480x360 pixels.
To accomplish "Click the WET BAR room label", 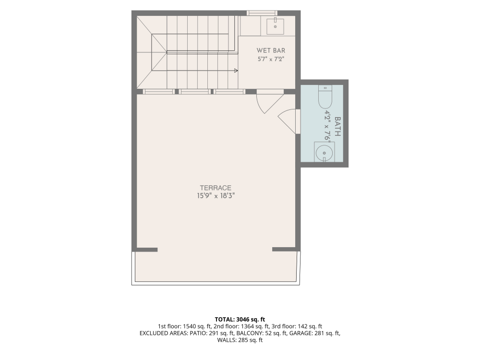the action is click(x=271, y=50).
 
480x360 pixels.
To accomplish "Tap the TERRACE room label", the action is click(x=216, y=188).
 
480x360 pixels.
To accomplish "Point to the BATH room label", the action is click(x=337, y=126).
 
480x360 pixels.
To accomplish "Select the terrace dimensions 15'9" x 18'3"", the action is click(x=216, y=196).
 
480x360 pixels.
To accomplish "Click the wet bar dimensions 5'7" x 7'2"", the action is click(x=271, y=59).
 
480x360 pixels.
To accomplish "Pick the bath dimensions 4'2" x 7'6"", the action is click(x=328, y=126).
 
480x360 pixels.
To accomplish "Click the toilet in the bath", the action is click(x=325, y=97).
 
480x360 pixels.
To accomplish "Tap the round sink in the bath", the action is click(x=324, y=152).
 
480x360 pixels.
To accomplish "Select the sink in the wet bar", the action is click(x=275, y=26).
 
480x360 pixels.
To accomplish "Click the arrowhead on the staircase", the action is click(x=236, y=70).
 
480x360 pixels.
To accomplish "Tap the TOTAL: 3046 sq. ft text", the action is click(x=240, y=320).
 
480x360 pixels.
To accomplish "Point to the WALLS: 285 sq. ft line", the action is click(x=240, y=340).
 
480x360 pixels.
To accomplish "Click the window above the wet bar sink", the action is click(x=262, y=13).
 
